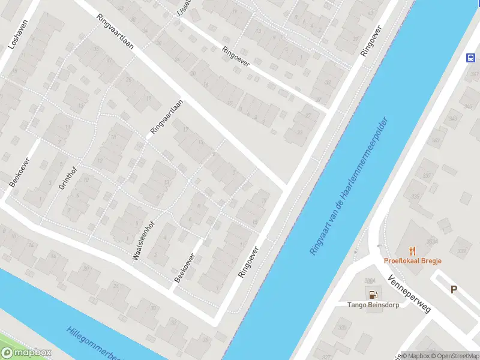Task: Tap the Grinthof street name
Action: coord(67,176)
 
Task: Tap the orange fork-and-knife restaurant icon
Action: coord(412,251)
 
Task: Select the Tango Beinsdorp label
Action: coord(373,304)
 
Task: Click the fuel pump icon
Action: coord(373,294)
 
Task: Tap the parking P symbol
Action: coord(454,289)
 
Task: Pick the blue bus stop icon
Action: coord(471,58)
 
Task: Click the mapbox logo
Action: coord(26,353)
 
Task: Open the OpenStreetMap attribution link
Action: coord(454,356)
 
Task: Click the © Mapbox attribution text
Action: coord(415,356)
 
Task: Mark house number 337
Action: coord(427,176)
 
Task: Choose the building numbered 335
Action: coord(415,196)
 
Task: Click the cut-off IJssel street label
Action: coord(182,11)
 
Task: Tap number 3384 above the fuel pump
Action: coord(370,280)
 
